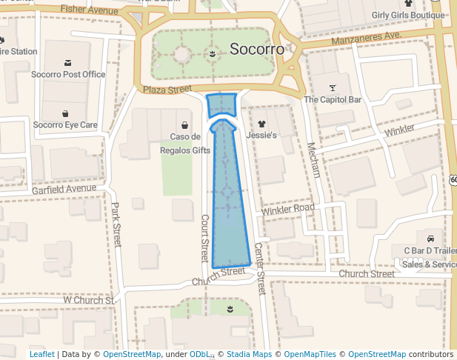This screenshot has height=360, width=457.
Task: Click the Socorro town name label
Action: point(256,50)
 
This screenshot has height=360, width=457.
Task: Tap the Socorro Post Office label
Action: point(68,75)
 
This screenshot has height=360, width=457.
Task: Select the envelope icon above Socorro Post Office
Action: point(68,62)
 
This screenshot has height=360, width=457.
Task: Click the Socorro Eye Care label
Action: point(65,125)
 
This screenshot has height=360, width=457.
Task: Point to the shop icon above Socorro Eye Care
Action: point(65,113)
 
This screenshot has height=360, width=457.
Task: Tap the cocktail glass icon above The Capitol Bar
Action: point(333,87)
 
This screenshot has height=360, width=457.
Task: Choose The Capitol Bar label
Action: point(333,99)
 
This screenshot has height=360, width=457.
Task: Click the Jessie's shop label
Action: point(261,136)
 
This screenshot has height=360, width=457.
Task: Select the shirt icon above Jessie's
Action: point(261,124)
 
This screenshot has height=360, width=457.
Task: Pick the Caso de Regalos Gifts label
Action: point(185,143)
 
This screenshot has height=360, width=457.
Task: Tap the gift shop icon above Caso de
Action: point(184,124)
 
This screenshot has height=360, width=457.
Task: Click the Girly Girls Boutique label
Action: point(408,15)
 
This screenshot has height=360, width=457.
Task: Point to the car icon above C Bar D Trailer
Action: point(430,239)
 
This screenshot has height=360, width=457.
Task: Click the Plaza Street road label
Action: point(163,90)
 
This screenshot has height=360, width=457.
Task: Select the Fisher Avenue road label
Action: point(89,10)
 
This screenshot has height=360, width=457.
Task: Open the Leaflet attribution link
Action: point(42,355)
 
